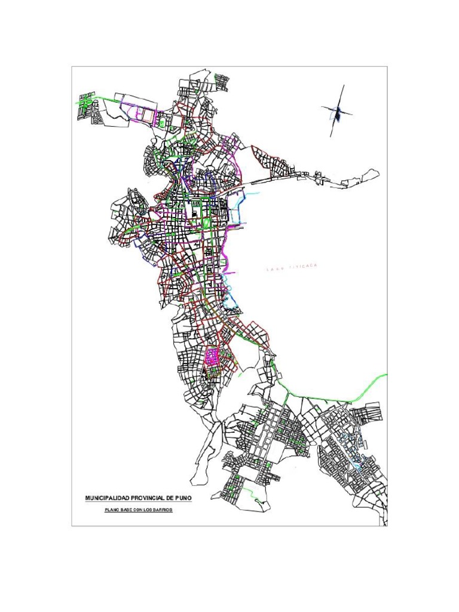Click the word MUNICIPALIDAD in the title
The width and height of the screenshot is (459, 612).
click(x=105, y=497)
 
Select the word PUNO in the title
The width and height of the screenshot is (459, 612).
click(x=183, y=497)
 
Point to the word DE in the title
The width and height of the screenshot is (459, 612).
click(x=169, y=497)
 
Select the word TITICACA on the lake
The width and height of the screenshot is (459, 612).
click(x=303, y=267)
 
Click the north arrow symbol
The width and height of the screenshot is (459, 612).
click(x=337, y=112)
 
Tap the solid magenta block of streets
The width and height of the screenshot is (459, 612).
click(x=212, y=357)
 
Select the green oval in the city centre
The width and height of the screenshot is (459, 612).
click(x=207, y=224)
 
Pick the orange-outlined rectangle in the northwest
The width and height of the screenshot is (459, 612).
click(x=145, y=114)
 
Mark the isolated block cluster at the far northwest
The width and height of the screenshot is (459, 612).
click(x=88, y=106)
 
